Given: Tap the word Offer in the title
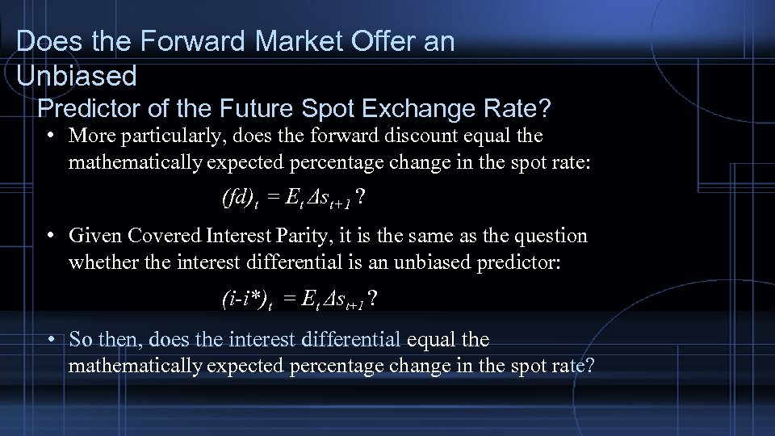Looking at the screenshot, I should tap(350, 42).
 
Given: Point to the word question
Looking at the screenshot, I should tap(549, 236).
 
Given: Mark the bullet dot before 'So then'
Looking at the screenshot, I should tap(51, 339).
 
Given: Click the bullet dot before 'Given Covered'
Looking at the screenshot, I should tap(51, 236).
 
